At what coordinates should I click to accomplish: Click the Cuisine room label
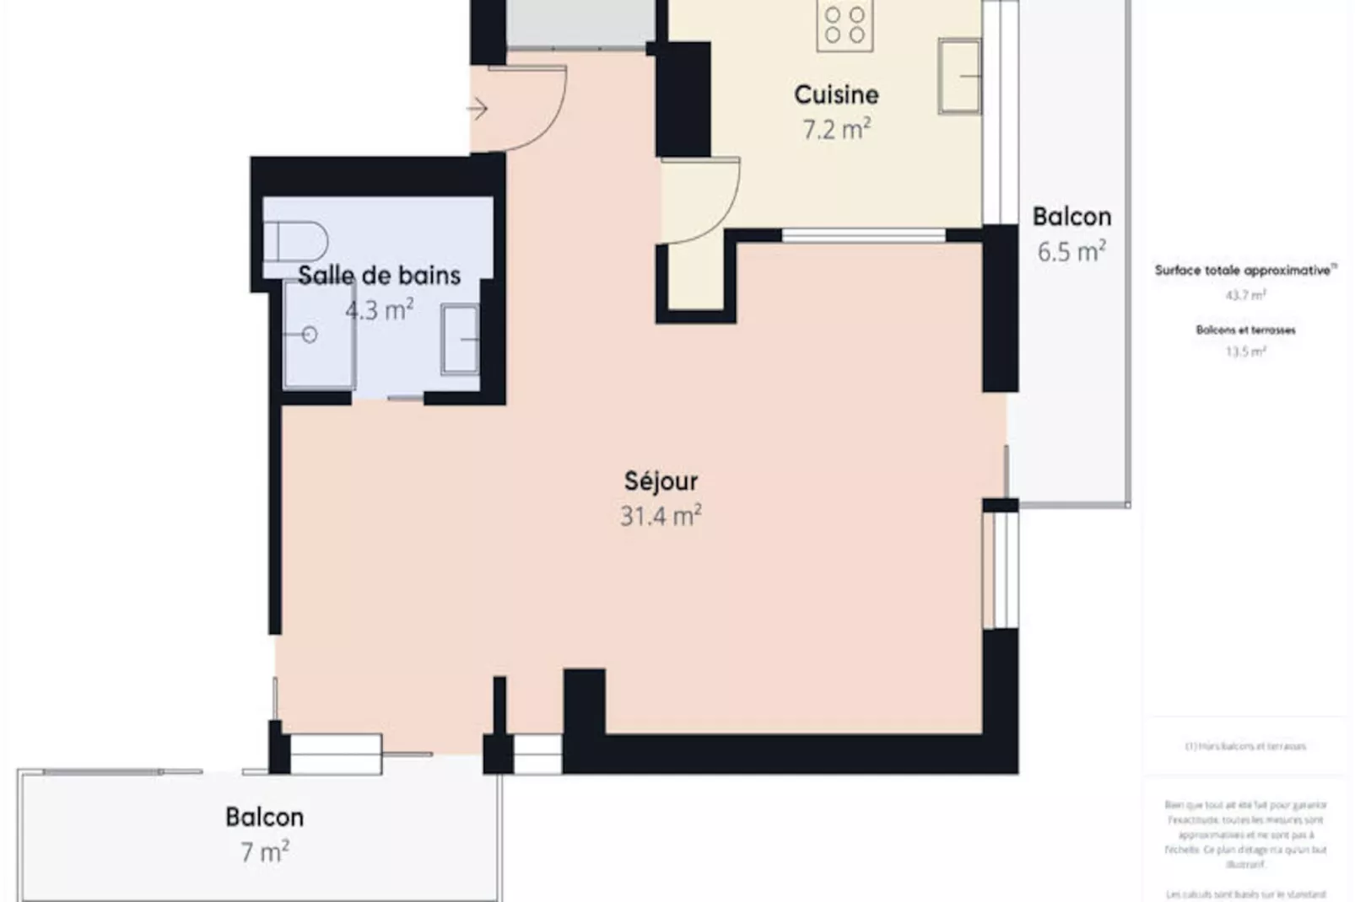pyautogui.click(x=836, y=94)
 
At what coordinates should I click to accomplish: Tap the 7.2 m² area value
pyautogui.click(x=836, y=130)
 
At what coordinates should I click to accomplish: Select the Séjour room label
pyautogui.click(x=661, y=481)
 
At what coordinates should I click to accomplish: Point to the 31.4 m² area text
pyautogui.click(x=661, y=516)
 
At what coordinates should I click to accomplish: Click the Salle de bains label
pyautogui.click(x=379, y=276)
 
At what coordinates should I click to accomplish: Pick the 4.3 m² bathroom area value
pyautogui.click(x=379, y=310)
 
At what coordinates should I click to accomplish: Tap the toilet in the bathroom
pyautogui.click(x=296, y=242)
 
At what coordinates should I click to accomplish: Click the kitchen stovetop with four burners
pyautogui.click(x=845, y=24)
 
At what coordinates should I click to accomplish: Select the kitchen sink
pyautogui.click(x=959, y=76)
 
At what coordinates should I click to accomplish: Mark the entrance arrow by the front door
pyautogui.click(x=478, y=109)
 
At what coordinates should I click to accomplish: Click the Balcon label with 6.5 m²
pyautogui.click(x=1072, y=217)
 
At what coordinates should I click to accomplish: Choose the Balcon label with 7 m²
pyautogui.click(x=264, y=817)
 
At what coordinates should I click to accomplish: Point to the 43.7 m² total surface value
pyautogui.click(x=1245, y=296)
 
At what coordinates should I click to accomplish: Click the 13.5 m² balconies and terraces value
pyautogui.click(x=1245, y=352)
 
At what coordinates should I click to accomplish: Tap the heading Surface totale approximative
pyautogui.click(x=1244, y=271)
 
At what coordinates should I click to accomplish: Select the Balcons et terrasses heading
pyautogui.click(x=1245, y=330)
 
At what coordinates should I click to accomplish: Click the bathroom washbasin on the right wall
pyautogui.click(x=460, y=340)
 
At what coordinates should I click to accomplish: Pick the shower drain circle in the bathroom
pyautogui.click(x=310, y=336)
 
